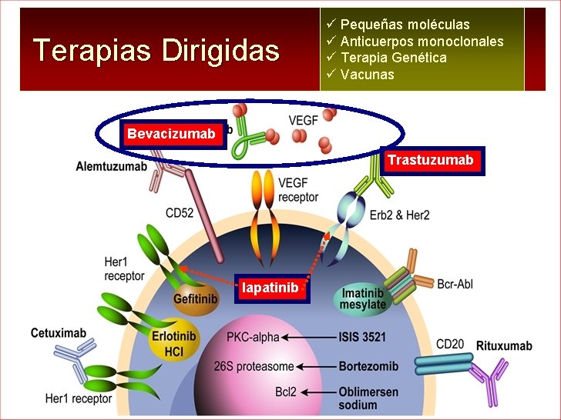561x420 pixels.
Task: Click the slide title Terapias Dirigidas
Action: pyautogui.click(x=156, y=51)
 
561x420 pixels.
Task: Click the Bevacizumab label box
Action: pyautogui.click(x=171, y=135)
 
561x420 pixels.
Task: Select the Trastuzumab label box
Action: pyautogui.click(x=430, y=161)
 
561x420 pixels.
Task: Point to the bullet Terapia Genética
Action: pyautogui.click(x=393, y=58)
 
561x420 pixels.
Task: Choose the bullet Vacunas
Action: pyautogui.click(x=367, y=75)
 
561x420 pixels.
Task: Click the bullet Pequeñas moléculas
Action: pyautogui.click(x=405, y=25)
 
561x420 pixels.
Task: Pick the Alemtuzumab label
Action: pyautogui.click(x=112, y=166)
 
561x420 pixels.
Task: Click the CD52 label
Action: pyautogui.click(x=179, y=213)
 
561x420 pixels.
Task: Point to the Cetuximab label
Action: pyautogui.click(x=59, y=334)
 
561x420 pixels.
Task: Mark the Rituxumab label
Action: pyautogui.click(x=504, y=345)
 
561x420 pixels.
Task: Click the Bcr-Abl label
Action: pyautogui.click(x=455, y=285)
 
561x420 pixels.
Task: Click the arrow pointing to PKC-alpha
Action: pyautogui.click(x=308, y=337)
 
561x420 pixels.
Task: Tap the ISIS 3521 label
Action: pyautogui.click(x=362, y=337)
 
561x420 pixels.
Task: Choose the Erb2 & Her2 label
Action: pyautogui.click(x=399, y=215)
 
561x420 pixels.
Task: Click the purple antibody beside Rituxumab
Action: pyautogui.click(x=488, y=382)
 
